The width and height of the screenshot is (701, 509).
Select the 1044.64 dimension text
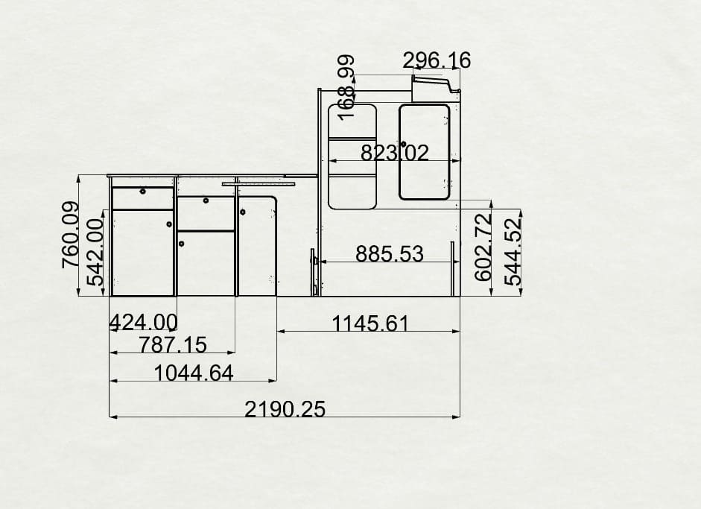(x=194, y=372)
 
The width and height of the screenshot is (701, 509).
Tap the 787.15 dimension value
(x=173, y=344)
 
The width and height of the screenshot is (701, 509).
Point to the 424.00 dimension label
(x=143, y=321)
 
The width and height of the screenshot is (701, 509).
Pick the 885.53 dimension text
(x=389, y=254)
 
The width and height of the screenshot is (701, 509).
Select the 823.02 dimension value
(x=395, y=153)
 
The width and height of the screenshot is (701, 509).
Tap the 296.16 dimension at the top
(x=437, y=60)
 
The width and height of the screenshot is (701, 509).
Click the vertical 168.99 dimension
(x=347, y=86)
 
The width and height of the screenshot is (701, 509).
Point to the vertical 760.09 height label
(x=70, y=235)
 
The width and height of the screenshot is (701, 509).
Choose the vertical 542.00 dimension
(x=95, y=252)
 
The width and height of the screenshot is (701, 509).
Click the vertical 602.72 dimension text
(x=483, y=247)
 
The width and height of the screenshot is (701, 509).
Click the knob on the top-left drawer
(x=142, y=192)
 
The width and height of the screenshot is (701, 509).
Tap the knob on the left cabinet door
(x=169, y=224)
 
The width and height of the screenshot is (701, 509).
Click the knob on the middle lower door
(x=181, y=244)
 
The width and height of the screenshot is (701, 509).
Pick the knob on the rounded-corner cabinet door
(x=243, y=213)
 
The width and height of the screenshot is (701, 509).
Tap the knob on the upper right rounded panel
(x=403, y=144)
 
